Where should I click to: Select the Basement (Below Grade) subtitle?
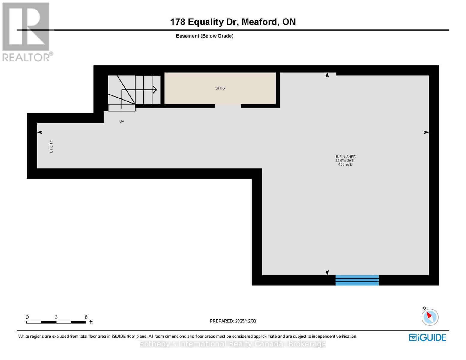(204, 36)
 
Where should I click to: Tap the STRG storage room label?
(220, 88)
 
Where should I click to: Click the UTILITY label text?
(51, 146)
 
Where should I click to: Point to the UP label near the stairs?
(122, 121)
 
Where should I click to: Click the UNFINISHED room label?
(345, 157)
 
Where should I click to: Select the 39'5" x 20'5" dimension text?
(345, 160)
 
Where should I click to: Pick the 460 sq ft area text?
(345, 164)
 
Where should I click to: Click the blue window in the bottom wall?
(357, 280)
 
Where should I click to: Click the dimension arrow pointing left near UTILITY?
(40, 132)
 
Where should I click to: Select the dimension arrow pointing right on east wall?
(426, 132)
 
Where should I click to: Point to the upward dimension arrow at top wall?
(327, 75)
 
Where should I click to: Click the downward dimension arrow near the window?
(327, 272)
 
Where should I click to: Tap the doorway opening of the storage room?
(228, 106)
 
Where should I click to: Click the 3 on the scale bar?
(56, 317)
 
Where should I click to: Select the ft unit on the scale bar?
(91, 322)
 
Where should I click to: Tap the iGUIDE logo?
(427, 337)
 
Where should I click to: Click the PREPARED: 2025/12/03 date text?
(233, 321)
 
